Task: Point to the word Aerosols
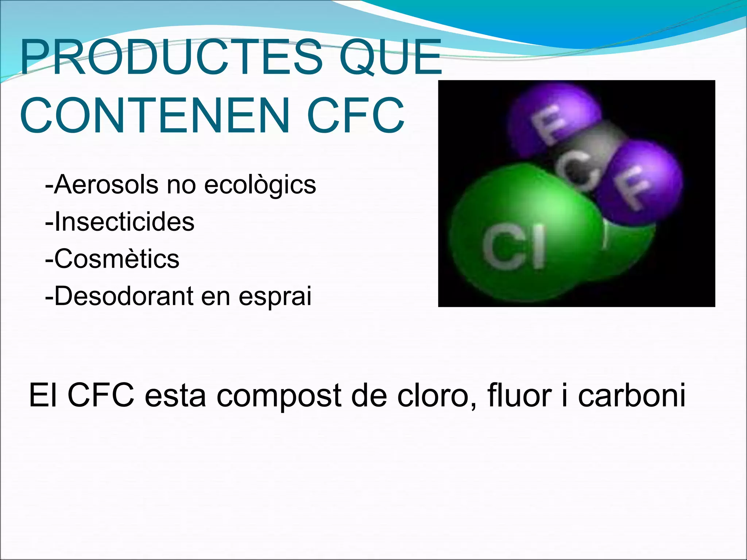click(106, 184)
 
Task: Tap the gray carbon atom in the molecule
click(587, 153)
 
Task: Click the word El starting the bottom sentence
click(43, 395)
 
